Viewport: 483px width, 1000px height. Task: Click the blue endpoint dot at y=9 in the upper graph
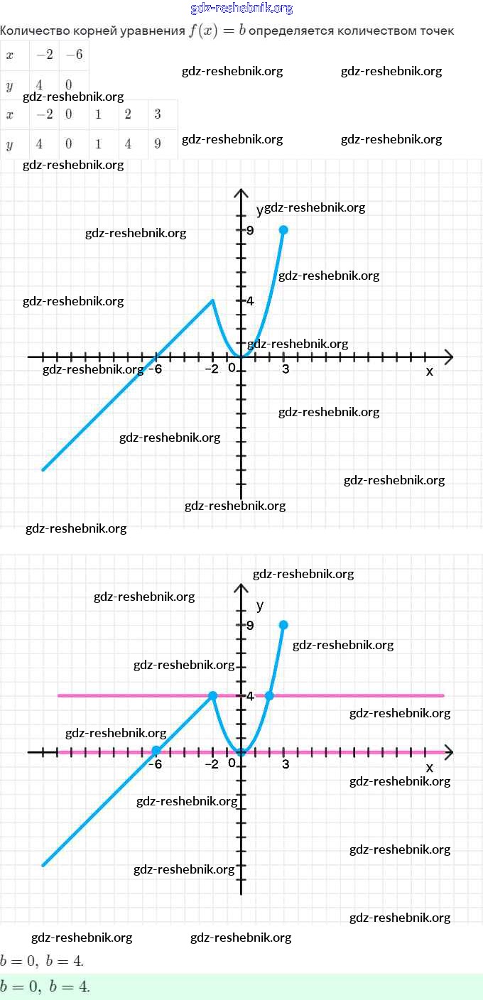click(x=283, y=229)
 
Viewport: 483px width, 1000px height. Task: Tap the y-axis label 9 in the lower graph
click(x=250, y=625)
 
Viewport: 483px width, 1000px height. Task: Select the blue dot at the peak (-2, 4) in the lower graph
click(x=212, y=695)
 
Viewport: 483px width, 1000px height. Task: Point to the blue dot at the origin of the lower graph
click(x=241, y=752)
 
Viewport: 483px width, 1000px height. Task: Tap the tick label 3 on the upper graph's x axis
click(x=286, y=369)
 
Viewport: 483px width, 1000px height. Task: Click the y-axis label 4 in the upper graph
click(x=250, y=300)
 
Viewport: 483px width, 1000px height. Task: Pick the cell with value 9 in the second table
click(x=158, y=144)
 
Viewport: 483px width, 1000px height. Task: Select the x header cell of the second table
click(x=9, y=114)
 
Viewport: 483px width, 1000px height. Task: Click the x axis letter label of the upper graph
click(x=429, y=371)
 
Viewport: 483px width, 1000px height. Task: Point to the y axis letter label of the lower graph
click(x=260, y=606)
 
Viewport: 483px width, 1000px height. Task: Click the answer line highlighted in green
click(x=45, y=987)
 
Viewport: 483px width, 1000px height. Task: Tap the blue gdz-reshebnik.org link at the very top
click(x=241, y=9)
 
